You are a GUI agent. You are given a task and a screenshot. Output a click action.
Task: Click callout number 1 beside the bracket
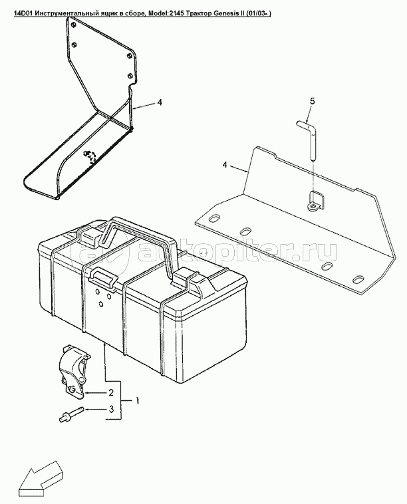(137, 401)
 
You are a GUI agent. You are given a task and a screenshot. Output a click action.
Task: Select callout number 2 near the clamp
(111, 392)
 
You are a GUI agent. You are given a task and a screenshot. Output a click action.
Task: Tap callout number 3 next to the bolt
(111, 409)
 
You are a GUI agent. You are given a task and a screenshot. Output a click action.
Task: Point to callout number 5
(312, 101)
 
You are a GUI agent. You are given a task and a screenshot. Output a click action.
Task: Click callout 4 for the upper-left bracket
(160, 102)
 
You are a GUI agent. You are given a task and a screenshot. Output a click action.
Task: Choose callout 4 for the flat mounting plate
(225, 165)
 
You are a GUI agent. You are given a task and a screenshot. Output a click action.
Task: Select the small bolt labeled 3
(71, 414)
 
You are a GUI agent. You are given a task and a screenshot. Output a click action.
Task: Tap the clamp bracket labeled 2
(74, 372)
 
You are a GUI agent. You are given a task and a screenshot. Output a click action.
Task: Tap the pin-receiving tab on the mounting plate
(317, 201)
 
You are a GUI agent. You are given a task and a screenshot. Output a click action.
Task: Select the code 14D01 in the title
(23, 13)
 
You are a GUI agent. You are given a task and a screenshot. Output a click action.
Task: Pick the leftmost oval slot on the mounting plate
(213, 219)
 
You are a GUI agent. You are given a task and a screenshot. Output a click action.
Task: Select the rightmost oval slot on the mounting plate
(358, 280)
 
